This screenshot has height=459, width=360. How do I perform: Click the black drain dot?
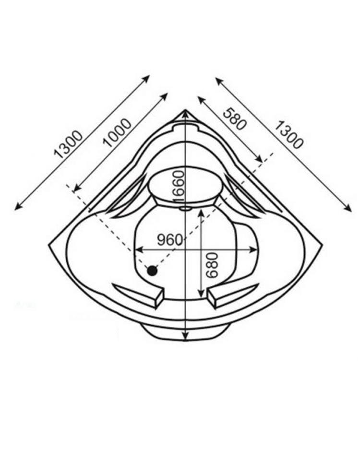(x=152, y=271)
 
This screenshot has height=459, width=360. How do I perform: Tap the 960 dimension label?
(x=170, y=240)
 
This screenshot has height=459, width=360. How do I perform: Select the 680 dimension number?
(x=212, y=265)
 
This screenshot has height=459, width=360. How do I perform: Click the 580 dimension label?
(x=233, y=119)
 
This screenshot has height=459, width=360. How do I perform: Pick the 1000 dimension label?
(x=118, y=132)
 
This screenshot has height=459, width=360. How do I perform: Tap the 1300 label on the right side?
(x=288, y=135)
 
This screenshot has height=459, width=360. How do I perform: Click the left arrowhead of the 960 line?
(x=139, y=250)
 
